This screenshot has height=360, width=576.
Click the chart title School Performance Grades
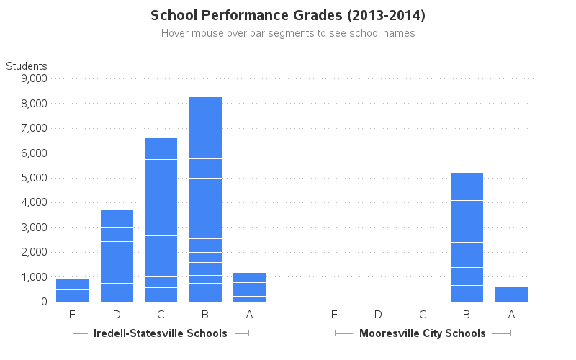click(x=288, y=15)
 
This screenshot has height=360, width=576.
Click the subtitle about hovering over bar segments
click(x=288, y=33)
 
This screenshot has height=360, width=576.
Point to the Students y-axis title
click(x=27, y=66)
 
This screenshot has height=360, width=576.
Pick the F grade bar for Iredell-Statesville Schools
click(x=72, y=290)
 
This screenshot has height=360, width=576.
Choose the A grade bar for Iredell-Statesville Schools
click(x=250, y=287)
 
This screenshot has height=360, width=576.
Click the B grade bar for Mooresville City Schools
click(x=467, y=237)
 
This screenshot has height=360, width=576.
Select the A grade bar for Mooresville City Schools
click(x=511, y=294)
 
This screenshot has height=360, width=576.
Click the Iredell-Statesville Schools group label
click(x=161, y=333)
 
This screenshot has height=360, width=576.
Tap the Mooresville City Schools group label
click(x=423, y=333)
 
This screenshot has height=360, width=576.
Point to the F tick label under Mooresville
click(x=334, y=314)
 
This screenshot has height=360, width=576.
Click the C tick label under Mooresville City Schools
click(x=423, y=314)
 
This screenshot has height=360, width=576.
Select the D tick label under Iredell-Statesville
click(x=117, y=314)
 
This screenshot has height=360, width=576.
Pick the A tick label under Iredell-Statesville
click(x=250, y=314)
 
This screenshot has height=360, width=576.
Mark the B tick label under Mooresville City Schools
click(x=467, y=314)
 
